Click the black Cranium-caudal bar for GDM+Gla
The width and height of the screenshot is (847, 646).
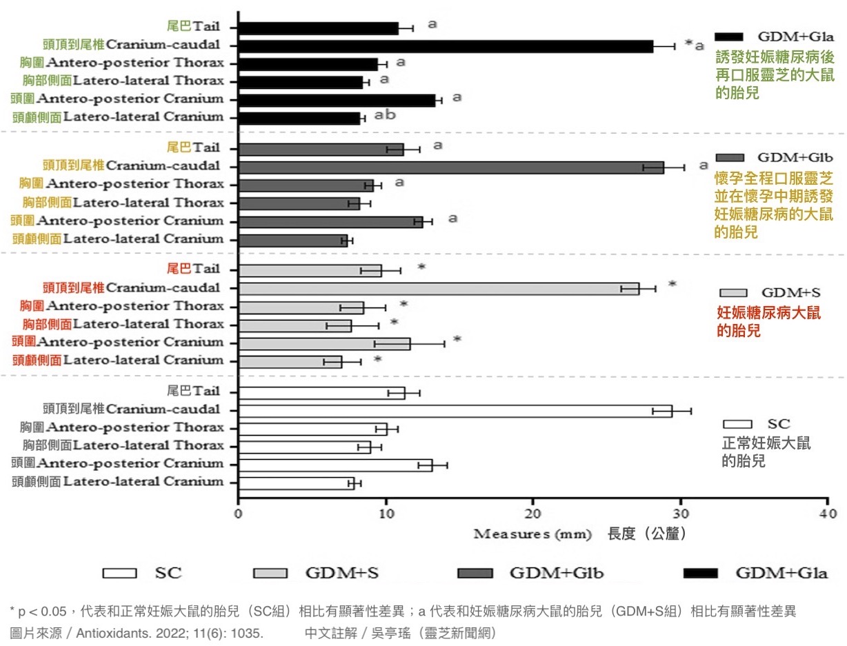point(446,46)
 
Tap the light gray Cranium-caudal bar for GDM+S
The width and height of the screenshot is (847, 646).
point(438,288)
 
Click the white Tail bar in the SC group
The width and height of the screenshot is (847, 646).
point(321,393)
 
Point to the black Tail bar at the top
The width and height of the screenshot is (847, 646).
point(318,28)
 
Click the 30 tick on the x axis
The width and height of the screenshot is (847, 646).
point(681,514)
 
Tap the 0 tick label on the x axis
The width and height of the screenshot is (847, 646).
point(239,514)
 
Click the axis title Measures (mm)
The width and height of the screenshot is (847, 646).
point(536,534)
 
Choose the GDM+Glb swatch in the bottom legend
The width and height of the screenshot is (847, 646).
point(475,574)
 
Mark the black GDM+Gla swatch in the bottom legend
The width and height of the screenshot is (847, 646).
point(700,574)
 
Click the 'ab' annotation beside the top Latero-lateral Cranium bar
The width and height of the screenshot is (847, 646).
point(385,114)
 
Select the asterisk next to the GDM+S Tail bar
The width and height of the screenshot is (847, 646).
point(421,268)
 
